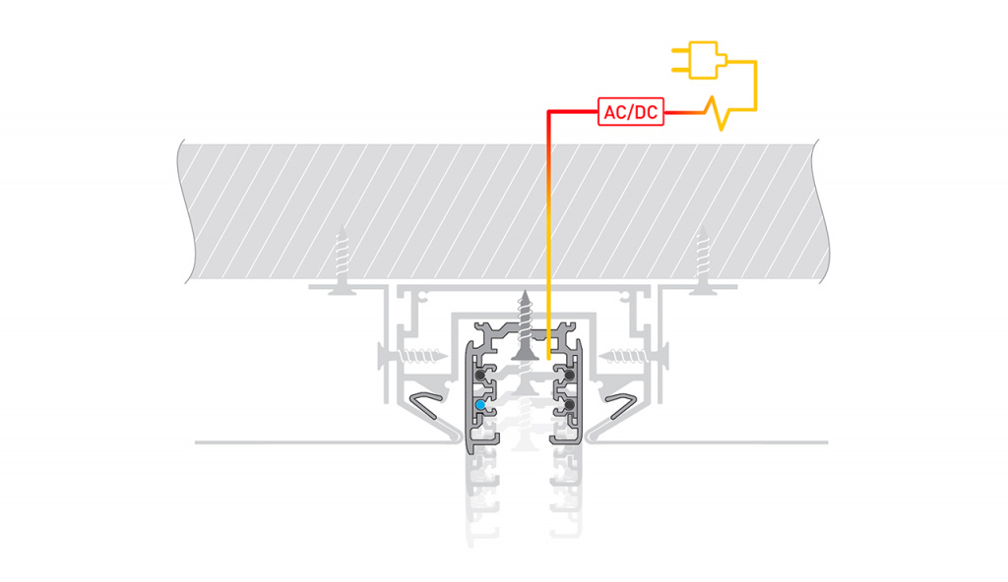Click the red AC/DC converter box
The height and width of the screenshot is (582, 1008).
[x=631, y=112]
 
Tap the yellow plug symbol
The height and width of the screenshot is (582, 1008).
[x=700, y=60]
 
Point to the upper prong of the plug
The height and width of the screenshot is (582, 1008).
[x=680, y=50]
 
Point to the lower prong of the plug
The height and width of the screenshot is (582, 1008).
[x=680, y=70]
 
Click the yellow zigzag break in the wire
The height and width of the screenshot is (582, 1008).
[x=719, y=113]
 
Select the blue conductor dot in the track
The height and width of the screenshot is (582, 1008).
[x=480, y=405]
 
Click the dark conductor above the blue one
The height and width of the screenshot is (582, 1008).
[x=480, y=375]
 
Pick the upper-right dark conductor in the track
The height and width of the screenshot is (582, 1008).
[x=569, y=375]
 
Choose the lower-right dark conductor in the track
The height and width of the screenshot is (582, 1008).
[x=569, y=405]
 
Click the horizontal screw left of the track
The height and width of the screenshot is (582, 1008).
[x=412, y=355]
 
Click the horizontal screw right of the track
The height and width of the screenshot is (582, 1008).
[x=634, y=355]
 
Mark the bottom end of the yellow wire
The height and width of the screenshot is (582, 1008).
[x=548, y=359]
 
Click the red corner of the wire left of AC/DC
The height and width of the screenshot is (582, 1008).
[x=549, y=112]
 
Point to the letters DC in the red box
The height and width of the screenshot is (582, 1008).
[x=646, y=112]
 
